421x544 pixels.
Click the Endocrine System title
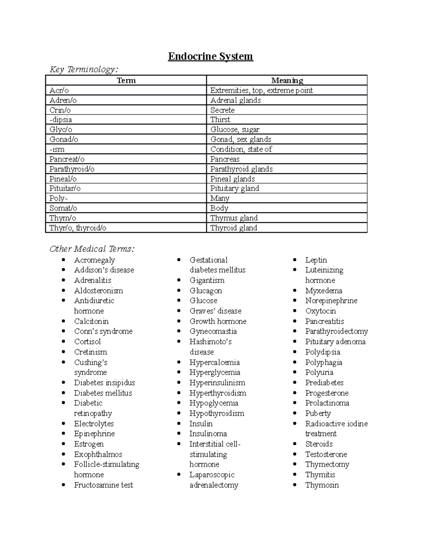210,56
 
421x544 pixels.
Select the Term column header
126,81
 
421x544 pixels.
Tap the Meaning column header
287,81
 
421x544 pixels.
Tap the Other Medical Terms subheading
92,249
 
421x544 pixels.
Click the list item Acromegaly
94,260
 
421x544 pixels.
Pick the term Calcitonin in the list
91,321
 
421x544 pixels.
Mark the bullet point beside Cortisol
64,341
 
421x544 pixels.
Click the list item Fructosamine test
103,485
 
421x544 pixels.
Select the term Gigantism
207,280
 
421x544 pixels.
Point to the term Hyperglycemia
215,372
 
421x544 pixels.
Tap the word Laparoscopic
212,475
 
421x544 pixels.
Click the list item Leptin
316,260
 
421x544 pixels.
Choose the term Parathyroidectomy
336,331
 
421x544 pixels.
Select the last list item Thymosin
322,485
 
